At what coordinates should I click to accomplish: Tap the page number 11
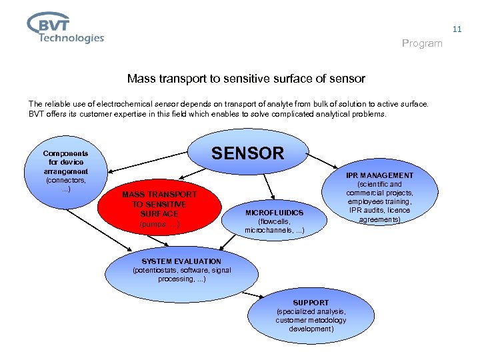click(x=457, y=29)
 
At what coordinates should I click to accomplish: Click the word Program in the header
click(x=422, y=43)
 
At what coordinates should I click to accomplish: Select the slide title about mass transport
click(x=246, y=79)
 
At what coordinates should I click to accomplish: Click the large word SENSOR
click(x=247, y=153)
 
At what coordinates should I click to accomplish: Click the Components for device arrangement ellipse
click(x=65, y=170)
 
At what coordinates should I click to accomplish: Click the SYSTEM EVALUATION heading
click(x=181, y=261)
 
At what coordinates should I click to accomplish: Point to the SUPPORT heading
click(x=311, y=303)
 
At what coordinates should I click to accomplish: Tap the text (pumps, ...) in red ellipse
click(x=159, y=224)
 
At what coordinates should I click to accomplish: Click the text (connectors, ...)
click(x=65, y=185)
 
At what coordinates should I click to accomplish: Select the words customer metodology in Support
click(x=310, y=320)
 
